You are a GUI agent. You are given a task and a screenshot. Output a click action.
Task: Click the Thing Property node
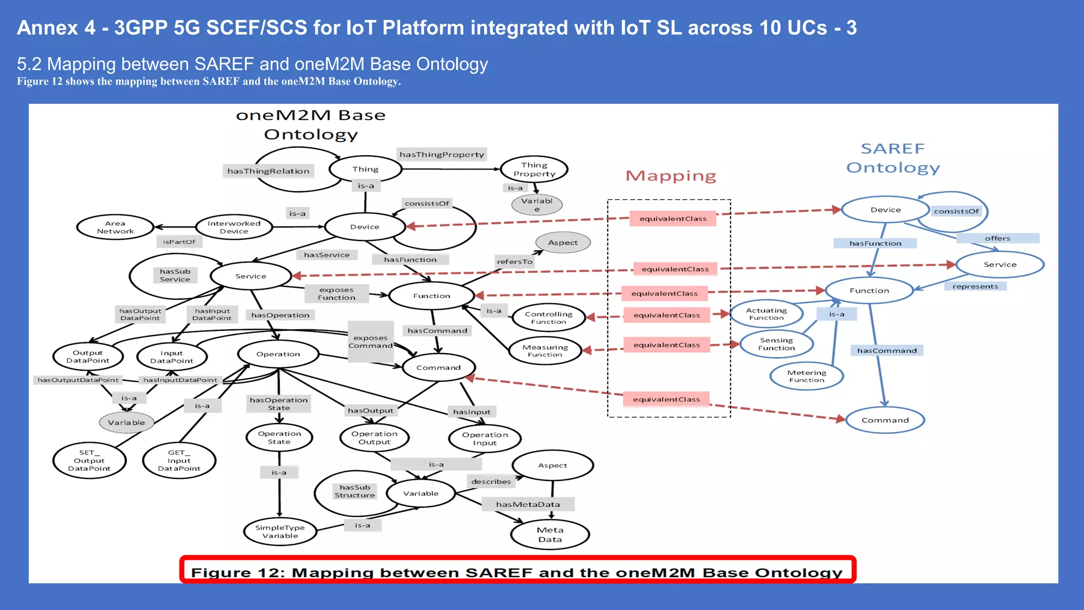[x=534, y=169]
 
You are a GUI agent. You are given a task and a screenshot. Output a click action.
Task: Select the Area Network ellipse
[x=115, y=227]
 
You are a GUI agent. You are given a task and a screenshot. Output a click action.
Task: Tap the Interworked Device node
[x=233, y=227]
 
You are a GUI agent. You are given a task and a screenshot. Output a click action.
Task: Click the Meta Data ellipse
[x=550, y=534]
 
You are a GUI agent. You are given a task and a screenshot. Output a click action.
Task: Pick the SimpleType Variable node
[x=280, y=532]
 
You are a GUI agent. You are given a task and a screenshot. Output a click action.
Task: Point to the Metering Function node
[x=806, y=376]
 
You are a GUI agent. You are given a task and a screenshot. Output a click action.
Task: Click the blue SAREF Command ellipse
[x=884, y=420]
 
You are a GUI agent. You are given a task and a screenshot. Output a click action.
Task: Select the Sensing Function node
[x=776, y=344]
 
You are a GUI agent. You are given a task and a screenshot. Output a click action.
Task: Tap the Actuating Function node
[x=766, y=314]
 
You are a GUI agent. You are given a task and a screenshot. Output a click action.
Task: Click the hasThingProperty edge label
[x=441, y=155]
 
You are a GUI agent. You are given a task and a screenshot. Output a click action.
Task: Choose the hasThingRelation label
[x=268, y=171]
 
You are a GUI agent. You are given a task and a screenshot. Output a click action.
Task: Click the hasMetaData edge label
[x=528, y=504]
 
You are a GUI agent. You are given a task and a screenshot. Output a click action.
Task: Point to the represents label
[x=975, y=286]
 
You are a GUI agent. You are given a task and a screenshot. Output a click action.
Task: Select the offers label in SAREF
[x=997, y=238]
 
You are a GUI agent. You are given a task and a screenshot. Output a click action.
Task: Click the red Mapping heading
[x=671, y=176]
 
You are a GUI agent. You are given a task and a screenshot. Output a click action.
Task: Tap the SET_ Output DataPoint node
[x=89, y=460]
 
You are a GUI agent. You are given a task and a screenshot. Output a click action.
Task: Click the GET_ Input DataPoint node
[x=179, y=460]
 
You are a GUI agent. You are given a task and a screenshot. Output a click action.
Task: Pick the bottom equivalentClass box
[x=666, y=399]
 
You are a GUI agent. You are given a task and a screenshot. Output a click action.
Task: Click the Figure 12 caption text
[x=517, y=572]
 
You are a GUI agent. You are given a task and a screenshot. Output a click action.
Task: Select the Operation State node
[x=279, y=437]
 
